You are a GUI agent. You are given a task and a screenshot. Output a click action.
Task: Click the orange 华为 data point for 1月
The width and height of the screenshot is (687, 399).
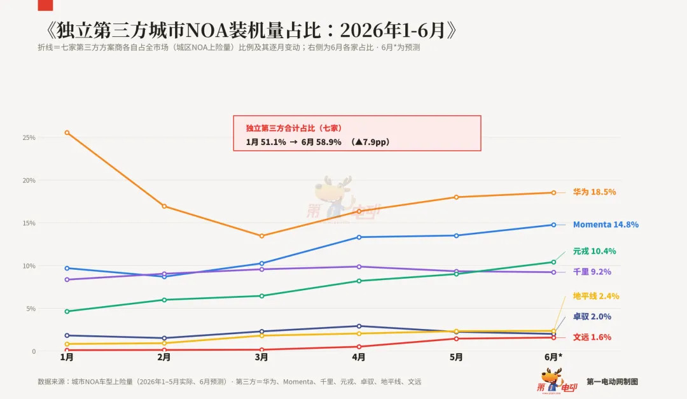click(x=67, y=132)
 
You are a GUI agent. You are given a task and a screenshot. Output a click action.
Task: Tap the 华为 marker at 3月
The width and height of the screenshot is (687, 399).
click(x=261, y=236)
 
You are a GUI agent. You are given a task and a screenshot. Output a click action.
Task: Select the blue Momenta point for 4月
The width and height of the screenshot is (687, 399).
click(x=359, y=237)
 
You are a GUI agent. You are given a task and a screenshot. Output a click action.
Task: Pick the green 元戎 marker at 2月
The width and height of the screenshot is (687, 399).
click(x=164, y=300)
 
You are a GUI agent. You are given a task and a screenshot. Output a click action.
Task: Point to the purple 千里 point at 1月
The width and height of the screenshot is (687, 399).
click(x=67, y=279)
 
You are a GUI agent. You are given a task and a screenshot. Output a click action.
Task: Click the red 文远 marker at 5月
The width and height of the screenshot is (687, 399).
click(x=456, y=339)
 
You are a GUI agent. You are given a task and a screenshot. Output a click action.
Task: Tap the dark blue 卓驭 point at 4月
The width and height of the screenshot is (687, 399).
click(x=359, y=326)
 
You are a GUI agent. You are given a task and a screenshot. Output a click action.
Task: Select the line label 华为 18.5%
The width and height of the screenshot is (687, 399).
click(x=594, y=192)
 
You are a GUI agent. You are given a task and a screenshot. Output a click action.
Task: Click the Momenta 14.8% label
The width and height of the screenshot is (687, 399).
click(x=606, y=225)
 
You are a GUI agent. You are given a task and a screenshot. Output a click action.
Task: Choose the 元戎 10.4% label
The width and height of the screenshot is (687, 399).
click(x=594, y=251)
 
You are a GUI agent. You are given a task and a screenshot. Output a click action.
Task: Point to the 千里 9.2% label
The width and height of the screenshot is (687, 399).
click(x=592, y=272)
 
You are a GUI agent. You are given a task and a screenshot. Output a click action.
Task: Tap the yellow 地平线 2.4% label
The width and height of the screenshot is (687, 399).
click(x=596, y=297)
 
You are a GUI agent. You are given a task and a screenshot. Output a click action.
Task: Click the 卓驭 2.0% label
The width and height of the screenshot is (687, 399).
click(x=592, y=316)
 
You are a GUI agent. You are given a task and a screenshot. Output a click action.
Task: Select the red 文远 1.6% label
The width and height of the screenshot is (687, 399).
click(x=592, y=337)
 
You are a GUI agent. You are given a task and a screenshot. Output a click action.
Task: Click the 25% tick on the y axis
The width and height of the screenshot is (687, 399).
click(x=29, y=137)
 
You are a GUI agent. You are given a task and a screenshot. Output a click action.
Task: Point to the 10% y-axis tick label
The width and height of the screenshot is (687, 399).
click(x=29, y=266)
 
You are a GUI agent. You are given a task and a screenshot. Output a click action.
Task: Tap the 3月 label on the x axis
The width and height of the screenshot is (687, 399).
click(x=261, y=358)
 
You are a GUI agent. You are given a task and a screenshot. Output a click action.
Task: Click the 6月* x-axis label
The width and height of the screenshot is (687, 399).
click(x=553, y=358)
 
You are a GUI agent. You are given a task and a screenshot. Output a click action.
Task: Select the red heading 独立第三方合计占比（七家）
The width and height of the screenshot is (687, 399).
click(x=293, y=128)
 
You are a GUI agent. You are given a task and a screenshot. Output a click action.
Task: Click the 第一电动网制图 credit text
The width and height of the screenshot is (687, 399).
click(x=612, y=382)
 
